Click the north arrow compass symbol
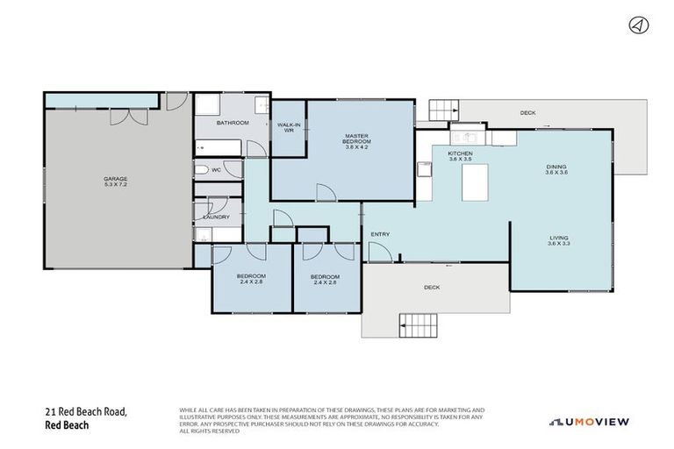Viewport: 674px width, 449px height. pyautogui.click(x=638, y=25)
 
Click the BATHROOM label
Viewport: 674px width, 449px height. pyautogui.click(x=233, y=123)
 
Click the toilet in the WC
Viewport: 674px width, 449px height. pyautogui.click(x=202, y=171)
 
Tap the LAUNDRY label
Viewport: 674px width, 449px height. pyautogui.click(x=216, y=217)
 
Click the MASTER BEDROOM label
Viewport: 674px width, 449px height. pyautogui.click(x=355, y=137)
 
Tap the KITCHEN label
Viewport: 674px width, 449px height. pyautogui.click(x=461, y=153)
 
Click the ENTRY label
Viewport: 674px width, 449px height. pyautogui.click(x=380, y=234)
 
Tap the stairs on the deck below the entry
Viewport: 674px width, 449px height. pyautogui.click(x=419, y=326)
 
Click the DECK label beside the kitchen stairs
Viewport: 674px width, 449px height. pyautogui.click(x=527, y=113)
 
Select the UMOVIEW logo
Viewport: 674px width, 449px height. pyautogui.click(x=589, y=422)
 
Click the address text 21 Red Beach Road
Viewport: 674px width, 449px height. pyautogui.click(x=87, y=411)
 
